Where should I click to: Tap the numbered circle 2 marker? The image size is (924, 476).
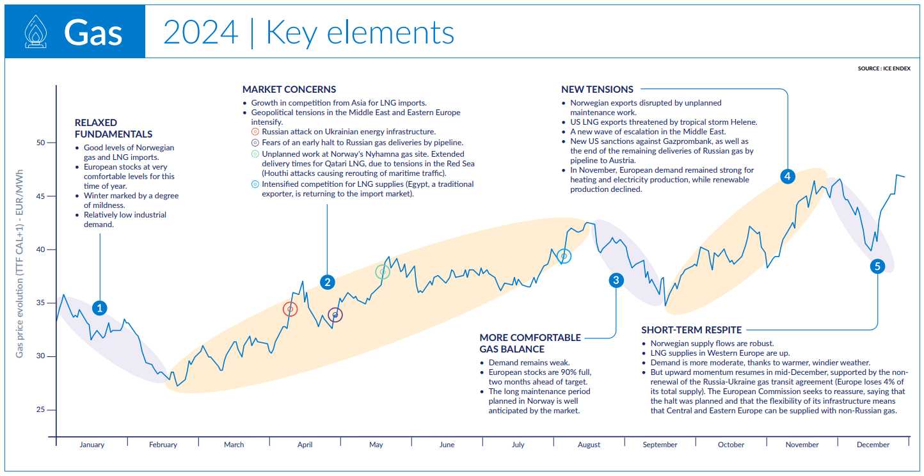[327, 282]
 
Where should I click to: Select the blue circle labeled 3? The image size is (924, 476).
[616, 280]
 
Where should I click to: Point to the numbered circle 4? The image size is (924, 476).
[788, 176]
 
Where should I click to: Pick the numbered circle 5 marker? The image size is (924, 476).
[877, 266]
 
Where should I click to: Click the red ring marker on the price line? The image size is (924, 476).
[291, 310]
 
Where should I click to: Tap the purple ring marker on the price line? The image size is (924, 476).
[335, 315]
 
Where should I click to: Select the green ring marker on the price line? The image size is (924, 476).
[383, 272]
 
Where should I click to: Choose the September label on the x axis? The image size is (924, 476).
[660, 445]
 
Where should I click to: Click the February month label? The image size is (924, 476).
[163, 445]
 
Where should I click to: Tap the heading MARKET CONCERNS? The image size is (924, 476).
[289, 90]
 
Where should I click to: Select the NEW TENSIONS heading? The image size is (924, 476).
[597, 90]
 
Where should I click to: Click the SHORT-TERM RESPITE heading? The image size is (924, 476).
[691, 330]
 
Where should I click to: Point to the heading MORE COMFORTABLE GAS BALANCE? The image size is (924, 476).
[530, 343]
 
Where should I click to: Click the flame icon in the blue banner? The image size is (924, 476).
[34, 32]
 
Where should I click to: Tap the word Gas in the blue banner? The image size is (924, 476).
[93, 33]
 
